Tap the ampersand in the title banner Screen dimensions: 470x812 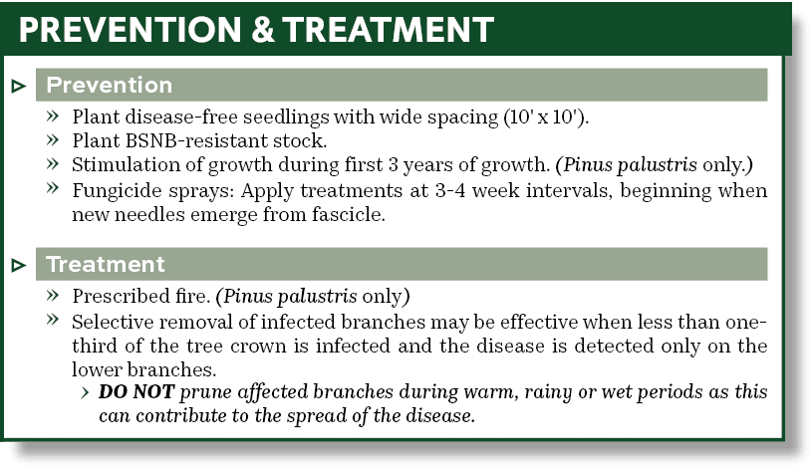click(x=256, y=29)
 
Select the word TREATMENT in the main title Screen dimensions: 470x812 click(x=385, y=29)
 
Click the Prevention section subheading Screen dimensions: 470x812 click(x=109, y=85)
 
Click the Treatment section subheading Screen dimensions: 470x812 click(x=106, y=265)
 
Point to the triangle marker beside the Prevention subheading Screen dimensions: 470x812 click(x=18, y=86)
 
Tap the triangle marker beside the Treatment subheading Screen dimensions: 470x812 click(x=18, y=266)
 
